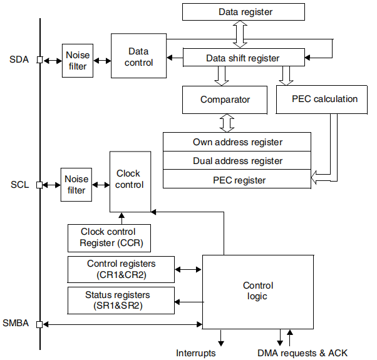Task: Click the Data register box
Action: pos(245,12)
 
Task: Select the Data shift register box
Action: pos(242,58)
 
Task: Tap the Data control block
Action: pos(138,56)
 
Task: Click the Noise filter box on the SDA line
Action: pos(78,60)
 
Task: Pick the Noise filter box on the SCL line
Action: pos(76,185)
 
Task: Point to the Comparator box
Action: pos(225,100)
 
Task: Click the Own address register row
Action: pos(237,142)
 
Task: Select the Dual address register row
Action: pos(237,161)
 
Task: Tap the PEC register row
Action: pos(237,180)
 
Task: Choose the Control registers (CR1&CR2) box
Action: pos(121,269)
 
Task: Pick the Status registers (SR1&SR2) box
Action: pos(121,300)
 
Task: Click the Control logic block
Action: pos(257,291)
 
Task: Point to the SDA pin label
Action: pos(19,60)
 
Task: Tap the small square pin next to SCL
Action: pos(39,185)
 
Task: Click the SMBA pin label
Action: pos(18,324)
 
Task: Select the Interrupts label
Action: pos(195,353)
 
